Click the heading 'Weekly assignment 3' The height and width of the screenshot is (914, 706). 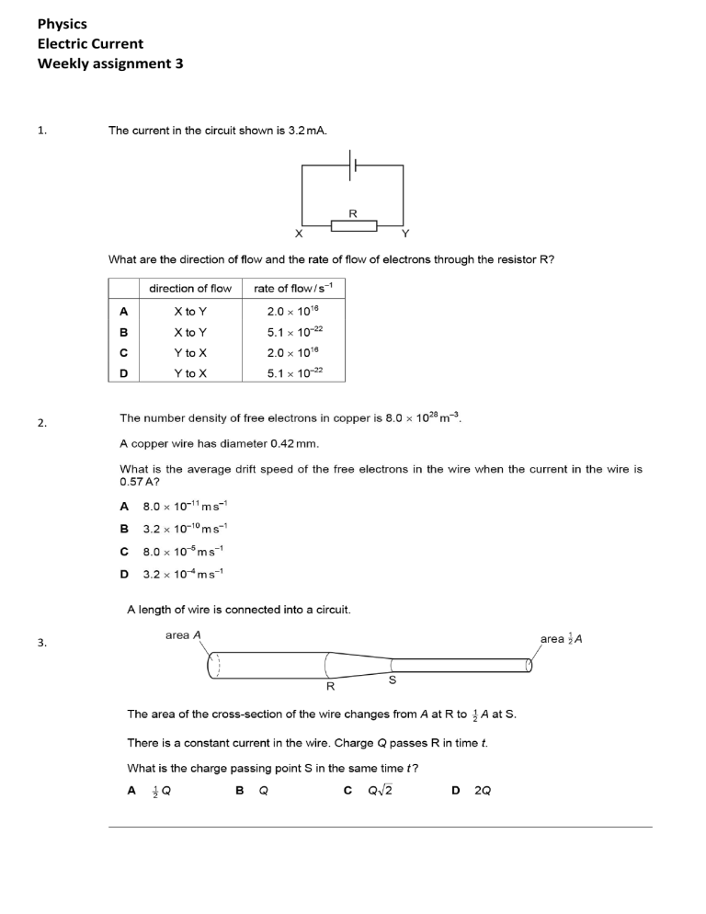[110, 63]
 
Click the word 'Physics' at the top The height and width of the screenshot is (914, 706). [63, 24]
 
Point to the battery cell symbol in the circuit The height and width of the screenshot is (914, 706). [353, 166]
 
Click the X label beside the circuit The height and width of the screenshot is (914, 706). [298, 234]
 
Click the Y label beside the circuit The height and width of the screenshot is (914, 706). [407, 234]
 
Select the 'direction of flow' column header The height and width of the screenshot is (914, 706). [190, 289]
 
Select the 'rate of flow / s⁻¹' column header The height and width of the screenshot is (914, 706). [292, 289]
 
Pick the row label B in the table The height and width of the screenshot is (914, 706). [124, 332]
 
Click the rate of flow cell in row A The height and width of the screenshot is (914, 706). [292, 312]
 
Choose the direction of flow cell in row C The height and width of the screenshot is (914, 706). [190, 352]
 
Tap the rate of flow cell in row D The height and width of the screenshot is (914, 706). [292, 373]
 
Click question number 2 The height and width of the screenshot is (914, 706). [42, 423]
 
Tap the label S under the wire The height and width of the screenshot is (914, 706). [393, 680]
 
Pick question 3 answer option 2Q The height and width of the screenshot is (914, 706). [482, 791]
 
